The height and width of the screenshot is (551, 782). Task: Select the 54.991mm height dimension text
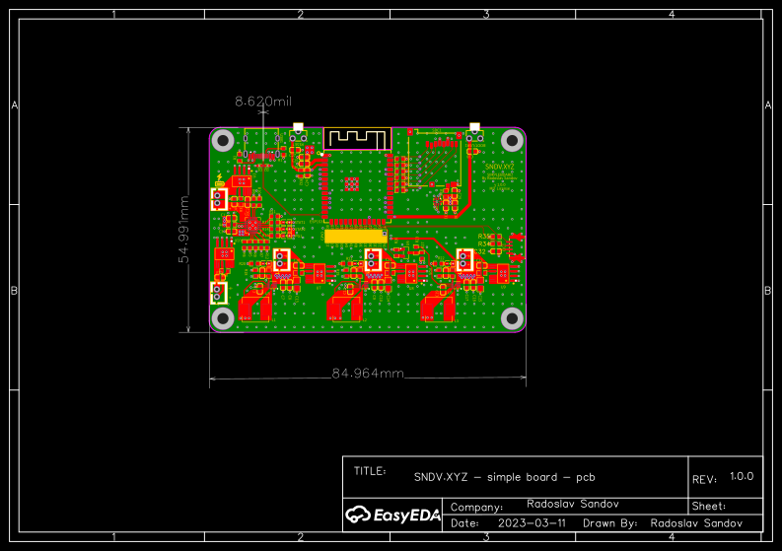click(183, 229)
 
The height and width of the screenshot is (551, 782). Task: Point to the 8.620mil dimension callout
click(262, 101)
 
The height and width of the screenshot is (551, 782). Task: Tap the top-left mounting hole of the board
click(223, 141)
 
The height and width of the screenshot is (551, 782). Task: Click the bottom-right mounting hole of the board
click(512, 317)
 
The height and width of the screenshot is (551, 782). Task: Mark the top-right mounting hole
click(512, 141)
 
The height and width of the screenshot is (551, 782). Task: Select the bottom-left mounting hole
click(223, 317)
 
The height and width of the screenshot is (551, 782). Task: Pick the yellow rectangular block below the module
click(356, 237)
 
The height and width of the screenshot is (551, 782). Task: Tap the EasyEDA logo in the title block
click(391, 514)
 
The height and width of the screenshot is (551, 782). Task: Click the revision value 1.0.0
click(742, 476)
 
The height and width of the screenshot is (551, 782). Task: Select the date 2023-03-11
click(533, 522)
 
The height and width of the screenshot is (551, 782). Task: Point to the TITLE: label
click(370, 471)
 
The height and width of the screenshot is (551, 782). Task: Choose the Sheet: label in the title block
click(709, 506)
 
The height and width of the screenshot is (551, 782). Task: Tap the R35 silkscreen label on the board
click(483, 237)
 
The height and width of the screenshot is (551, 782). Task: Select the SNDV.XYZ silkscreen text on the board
click(500, 168)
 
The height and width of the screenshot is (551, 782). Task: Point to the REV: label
click(704, 480)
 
